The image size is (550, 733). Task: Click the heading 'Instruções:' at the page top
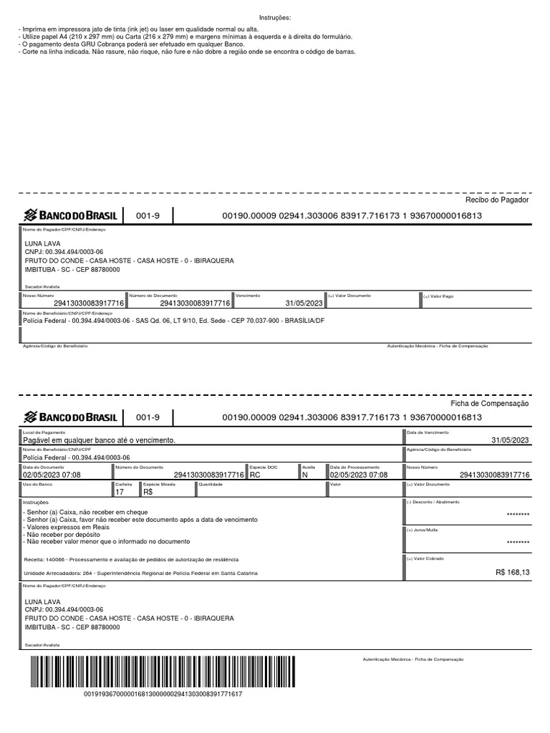(274, 17)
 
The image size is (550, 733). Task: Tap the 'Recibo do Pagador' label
(496, 200)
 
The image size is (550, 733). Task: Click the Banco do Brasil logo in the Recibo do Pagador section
(71, 215)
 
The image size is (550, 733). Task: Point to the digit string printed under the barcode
(163, 694)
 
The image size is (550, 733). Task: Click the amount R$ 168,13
(513, 572)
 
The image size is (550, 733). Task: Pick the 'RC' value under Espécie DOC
(256, 475)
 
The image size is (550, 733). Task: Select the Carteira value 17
(120, 492)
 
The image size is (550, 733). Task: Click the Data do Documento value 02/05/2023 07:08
(52, 475)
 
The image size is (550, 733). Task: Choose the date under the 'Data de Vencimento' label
(510, 440)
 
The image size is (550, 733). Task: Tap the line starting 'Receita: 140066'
(132, 558)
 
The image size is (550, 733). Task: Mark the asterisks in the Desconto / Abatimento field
(518, 514)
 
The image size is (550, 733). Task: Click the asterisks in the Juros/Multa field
(518, 542)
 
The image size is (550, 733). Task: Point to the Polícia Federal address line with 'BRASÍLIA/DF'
(174, 320)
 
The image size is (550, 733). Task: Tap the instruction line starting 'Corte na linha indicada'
(187, 52)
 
